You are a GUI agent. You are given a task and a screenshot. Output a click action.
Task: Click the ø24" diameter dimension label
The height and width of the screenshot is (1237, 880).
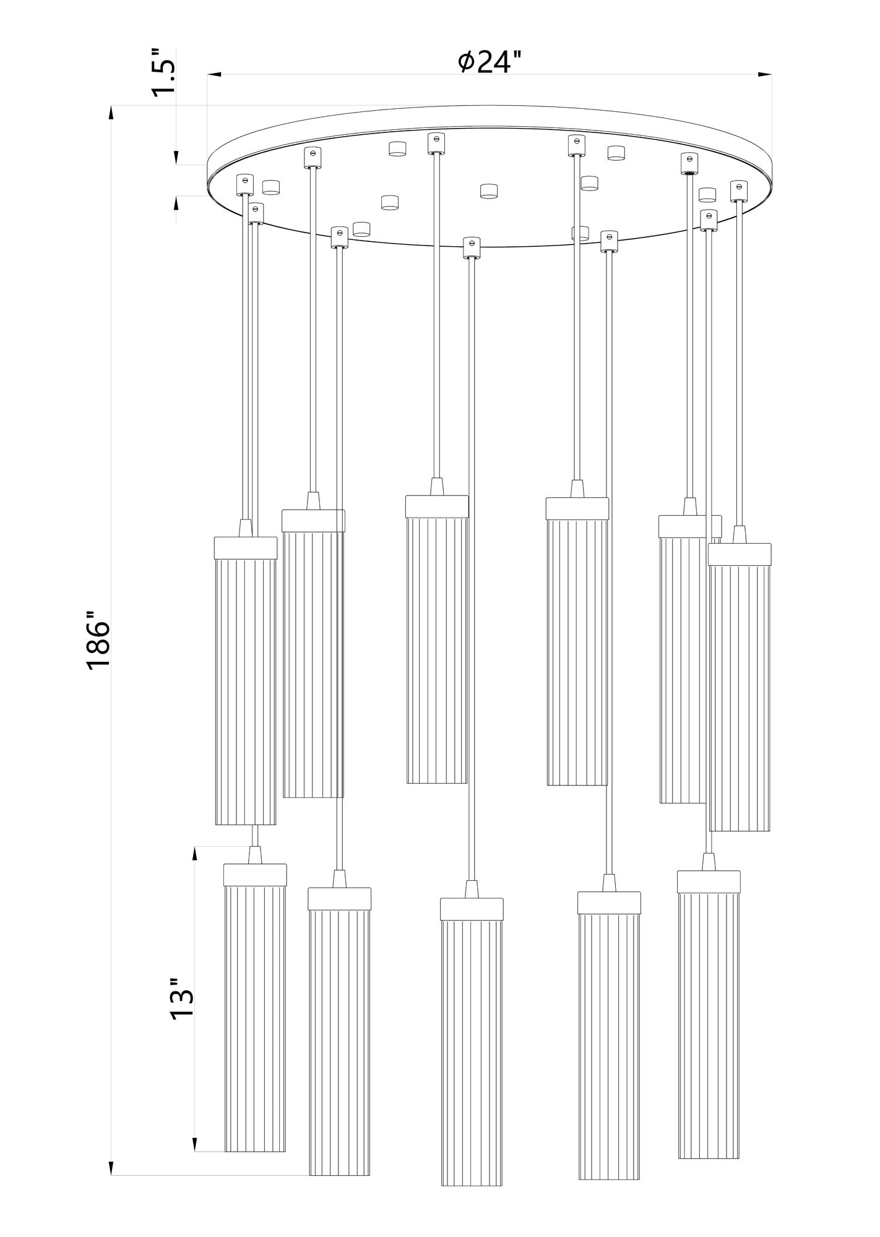point(490,61)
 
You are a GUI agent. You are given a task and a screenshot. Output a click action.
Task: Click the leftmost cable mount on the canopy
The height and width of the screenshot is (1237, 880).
point(244,183)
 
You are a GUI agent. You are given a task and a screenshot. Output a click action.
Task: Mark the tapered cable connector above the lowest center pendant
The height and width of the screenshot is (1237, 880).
point(472,889)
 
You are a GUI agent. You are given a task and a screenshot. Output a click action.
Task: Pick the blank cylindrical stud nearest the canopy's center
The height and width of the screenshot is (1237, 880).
point(489,191)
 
